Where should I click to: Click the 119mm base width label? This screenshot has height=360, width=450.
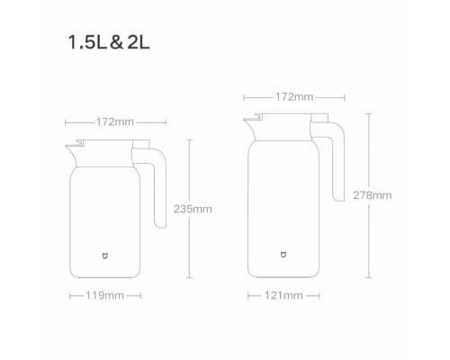(x=105, y=294)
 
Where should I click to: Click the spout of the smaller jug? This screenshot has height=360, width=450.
(x=71, y=146)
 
